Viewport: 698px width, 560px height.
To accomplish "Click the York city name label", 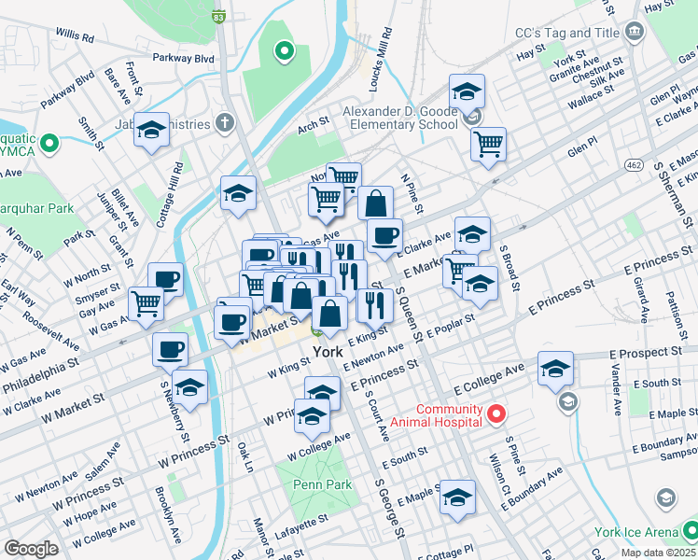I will click(x=328, y=352).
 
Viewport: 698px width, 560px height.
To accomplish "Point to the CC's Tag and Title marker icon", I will click(x=635, y=33).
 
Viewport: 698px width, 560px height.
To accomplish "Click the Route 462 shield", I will click(x=634, y=165).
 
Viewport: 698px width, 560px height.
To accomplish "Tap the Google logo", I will click(x=31, y=549).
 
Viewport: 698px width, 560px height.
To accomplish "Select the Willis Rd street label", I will click(x=75, y=37).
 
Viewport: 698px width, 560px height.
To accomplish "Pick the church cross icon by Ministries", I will click(x=224, y=122).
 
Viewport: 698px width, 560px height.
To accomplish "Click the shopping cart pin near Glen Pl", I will click(x=488, y=144).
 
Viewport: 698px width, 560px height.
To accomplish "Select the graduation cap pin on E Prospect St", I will click(x=555, y=368).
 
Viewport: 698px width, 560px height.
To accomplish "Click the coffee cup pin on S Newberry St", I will click(x=171, y=349).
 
